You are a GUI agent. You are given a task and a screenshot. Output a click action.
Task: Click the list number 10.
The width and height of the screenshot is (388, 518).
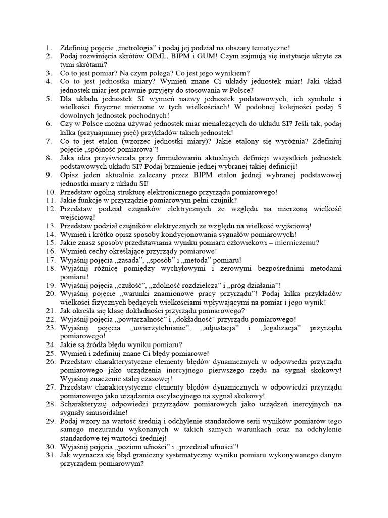50,192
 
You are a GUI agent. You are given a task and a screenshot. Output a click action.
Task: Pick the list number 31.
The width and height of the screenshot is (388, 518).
50,455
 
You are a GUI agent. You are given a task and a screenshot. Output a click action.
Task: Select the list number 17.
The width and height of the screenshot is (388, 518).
50,260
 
